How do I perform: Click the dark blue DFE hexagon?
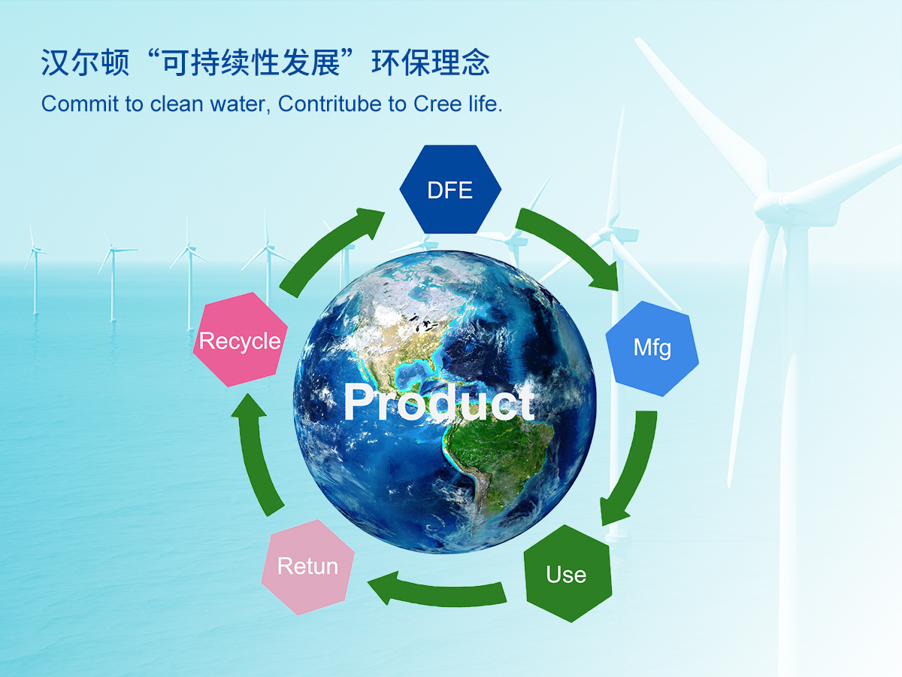(x=450, y=190)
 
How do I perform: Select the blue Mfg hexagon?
(x=652, y=348)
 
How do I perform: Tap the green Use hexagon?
(x=568, y=573)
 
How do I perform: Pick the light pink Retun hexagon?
(x=307, y=567)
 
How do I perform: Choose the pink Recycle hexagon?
(x=240, y=340)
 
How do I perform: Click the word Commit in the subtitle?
(x=80, y=104)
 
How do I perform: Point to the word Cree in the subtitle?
(x=437, y=104)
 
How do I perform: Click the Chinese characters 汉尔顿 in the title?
(x=85, y=62)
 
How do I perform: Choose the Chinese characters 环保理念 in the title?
(x=430, y=62)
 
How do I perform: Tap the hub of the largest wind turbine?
(x=773, y=205)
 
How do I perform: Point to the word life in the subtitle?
(x=485, y=104)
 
